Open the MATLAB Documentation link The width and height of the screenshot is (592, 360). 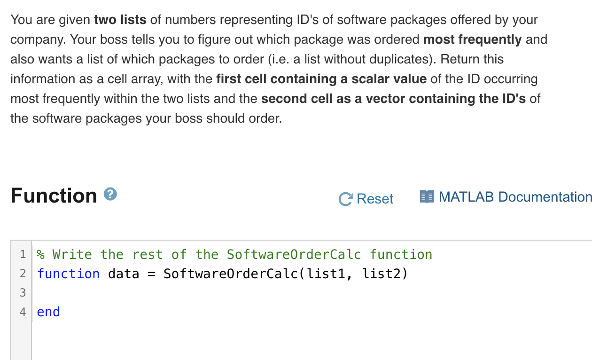(514, 197)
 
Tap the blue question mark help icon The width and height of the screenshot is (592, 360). (110, 194)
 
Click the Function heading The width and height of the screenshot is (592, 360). (54, 196)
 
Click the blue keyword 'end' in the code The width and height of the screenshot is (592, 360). (48, 312)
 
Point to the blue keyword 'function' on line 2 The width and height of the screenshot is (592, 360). (68, 274)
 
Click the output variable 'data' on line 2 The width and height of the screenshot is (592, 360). (124, 274)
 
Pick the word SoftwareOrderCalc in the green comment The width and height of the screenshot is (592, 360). (294, 254)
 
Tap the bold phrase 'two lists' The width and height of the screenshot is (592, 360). (120, 20)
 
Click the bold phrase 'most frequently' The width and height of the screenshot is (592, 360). (472, 39)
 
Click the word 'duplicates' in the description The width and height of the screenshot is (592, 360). (405, 59)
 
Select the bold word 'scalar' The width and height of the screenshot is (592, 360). (360, 79)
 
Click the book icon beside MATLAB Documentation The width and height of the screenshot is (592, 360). (427, 197)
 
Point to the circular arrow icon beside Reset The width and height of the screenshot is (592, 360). (345, 199)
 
